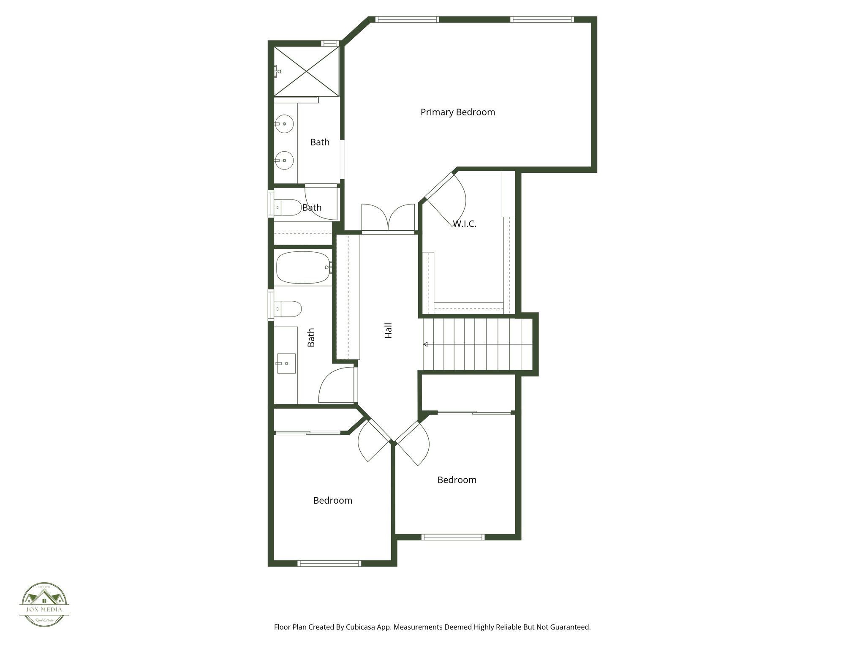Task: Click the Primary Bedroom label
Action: coord(457,112)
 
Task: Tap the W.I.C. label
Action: coord(465,224)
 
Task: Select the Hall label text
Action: coord(389,330)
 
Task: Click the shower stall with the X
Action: coord(307,71)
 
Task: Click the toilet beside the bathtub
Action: coord(288,308)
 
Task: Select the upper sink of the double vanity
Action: coord(285,124)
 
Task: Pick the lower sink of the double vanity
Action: coord(285,160)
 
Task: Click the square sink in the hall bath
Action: coord(286,363)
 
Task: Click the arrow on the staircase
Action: coord(426,344)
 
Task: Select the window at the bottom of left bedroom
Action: coord(329,563)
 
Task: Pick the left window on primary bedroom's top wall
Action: coord(407,19)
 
